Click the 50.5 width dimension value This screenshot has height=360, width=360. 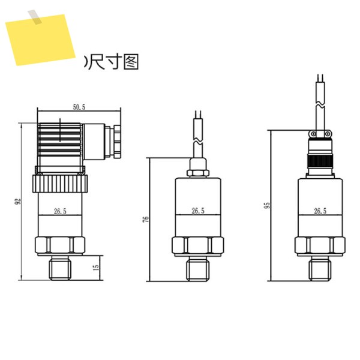click(x=79, y=107)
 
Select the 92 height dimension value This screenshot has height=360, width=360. click(x=17, y=202)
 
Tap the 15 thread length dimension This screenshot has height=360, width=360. click(x=97, y=267)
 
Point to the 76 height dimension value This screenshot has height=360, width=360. click(x=146, y=219)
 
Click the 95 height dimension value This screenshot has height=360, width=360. click(x=267, y=205)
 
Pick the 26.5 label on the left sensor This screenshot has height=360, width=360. click(x=60, y=211)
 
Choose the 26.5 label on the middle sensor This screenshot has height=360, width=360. click(x=198, y=211)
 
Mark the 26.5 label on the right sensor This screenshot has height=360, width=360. click(x=320, y=211)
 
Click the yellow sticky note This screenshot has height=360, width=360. click(x=41, y=40)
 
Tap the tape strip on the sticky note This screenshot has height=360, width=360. click(x=35, y=17)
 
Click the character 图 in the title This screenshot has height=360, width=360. click(x=131, y=62)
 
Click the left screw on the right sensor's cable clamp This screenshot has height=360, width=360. click(x=313, y=134)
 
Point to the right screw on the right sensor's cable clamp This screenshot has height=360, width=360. click(x=328, y=134)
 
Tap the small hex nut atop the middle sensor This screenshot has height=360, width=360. click(x=197, y=173)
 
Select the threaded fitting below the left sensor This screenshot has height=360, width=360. click(x=60, y=268)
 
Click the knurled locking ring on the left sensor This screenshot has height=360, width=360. click(x=60, y=184)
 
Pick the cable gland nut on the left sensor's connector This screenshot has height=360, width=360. click(x=117, y=142)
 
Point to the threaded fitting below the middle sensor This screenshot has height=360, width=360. click(x=197, y=269)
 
